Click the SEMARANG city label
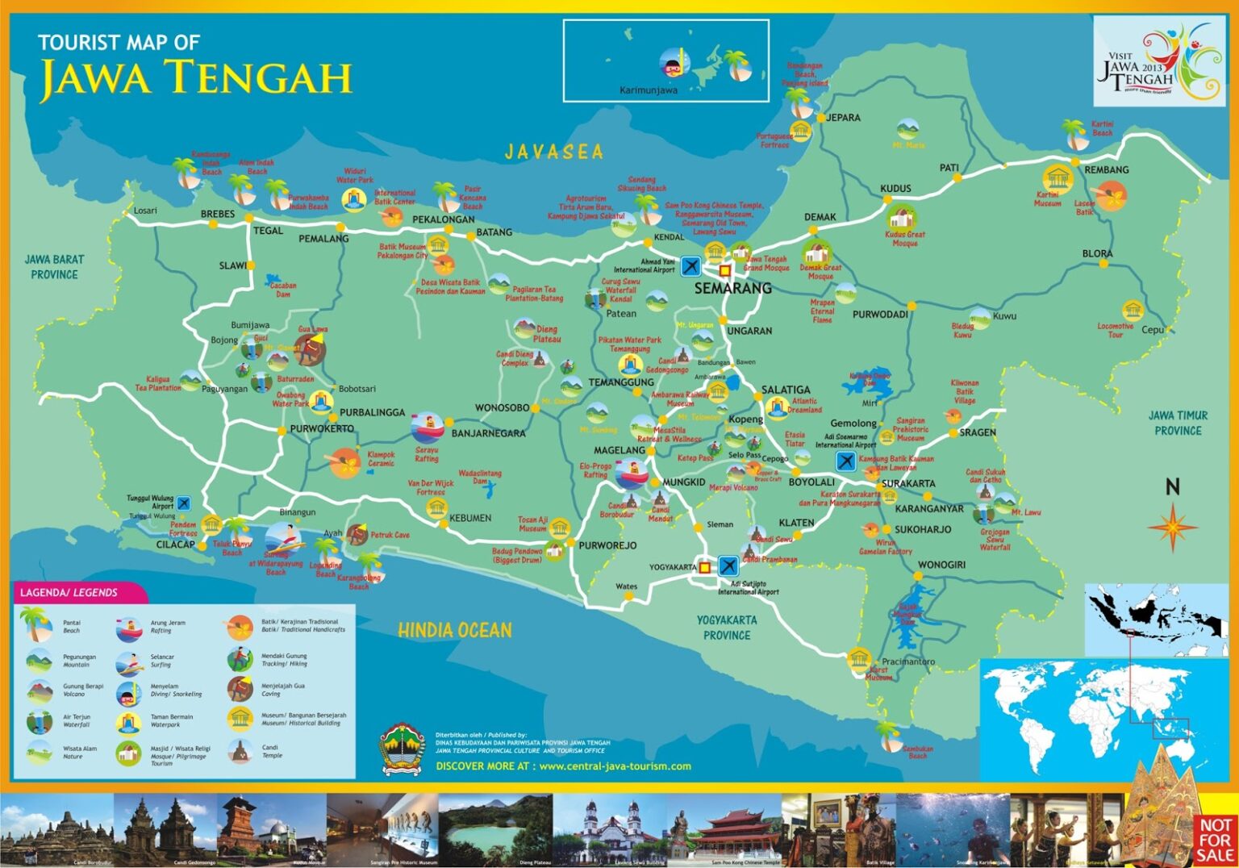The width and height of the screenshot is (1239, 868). tap(732, 288)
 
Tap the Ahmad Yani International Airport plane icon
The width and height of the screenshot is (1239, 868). tap(690, 265)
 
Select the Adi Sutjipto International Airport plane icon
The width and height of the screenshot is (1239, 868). tap(727, 565)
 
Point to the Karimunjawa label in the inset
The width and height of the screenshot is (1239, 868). tap(648, 90)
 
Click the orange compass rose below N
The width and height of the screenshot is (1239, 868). tap(1172, 528)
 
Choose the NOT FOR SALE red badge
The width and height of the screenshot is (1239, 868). tap(1214, 839)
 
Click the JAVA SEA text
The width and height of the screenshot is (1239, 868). tap(553, 152)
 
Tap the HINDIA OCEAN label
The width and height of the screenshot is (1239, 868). tap(454, 630)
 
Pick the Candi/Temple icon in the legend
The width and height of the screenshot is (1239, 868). tap(240, 752)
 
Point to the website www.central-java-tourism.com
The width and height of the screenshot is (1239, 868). tap(615, 766)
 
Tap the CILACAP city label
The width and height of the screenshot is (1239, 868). tap(175, 545)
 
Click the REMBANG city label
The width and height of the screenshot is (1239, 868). tap(1106, 170)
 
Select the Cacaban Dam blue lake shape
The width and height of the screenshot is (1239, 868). tap(273, 280)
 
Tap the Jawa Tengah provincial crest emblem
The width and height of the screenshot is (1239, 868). tap(403, 749)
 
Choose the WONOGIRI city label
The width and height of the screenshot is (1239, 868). tap(941, 565)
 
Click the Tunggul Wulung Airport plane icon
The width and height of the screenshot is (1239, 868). tap(184, 503)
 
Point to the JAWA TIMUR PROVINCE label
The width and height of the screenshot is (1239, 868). tap(1178, 423)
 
